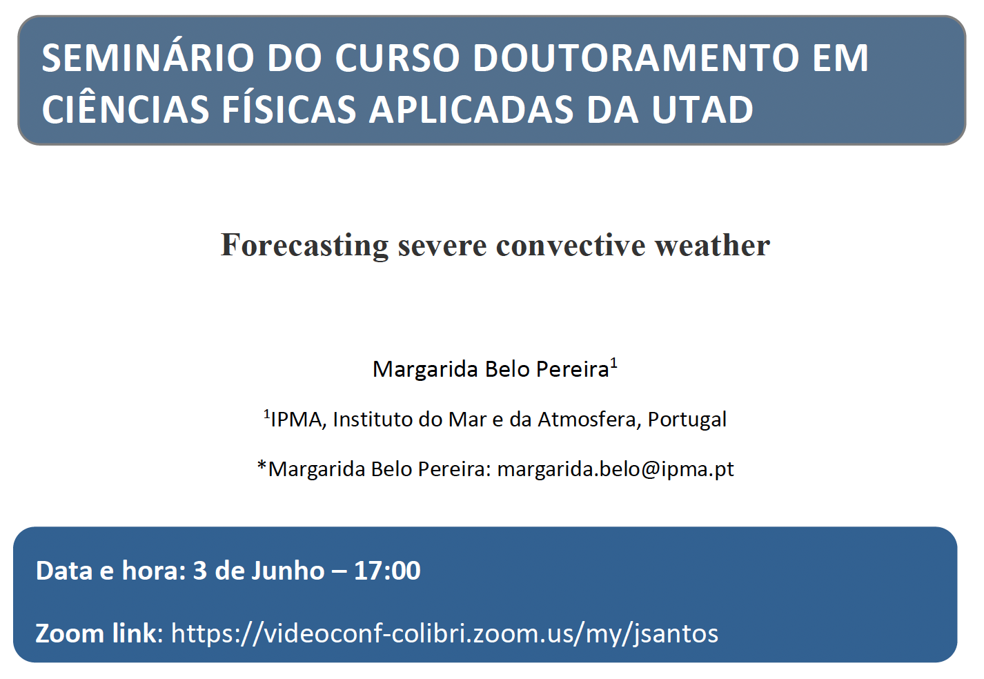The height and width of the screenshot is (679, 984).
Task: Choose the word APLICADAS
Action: tap(471, 109)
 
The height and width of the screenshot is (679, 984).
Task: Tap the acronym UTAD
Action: tap(702, 109)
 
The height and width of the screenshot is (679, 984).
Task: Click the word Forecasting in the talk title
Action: tap(304, 245)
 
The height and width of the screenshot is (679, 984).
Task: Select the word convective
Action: tap(571, 245)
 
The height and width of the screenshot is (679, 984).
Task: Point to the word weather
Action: tap(713, 245)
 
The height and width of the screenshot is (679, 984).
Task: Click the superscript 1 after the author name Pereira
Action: tap(613, 363)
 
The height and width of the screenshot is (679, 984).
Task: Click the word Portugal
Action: tap(687, 420)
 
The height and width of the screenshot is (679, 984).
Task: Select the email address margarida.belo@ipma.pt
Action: tap(616, 469)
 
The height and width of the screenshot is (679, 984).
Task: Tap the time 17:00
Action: tap(387, 571)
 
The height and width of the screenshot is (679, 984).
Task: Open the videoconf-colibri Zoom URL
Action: tap(444, 633)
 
